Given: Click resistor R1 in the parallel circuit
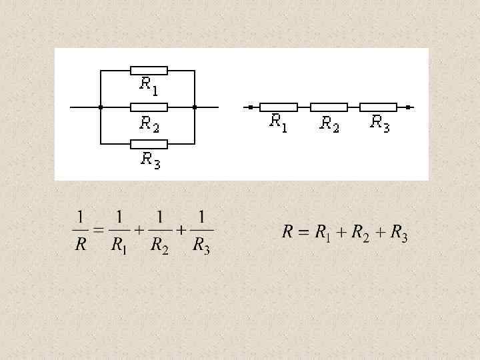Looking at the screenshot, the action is click(149, 70).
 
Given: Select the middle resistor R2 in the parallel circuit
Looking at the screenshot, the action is click(149, 107).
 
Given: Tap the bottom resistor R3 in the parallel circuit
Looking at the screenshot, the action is click(149, 143).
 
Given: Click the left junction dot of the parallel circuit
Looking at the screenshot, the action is click(100, 107).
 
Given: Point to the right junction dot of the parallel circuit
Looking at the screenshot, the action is click(195, 107).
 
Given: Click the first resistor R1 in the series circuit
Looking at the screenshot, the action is click(278, 107).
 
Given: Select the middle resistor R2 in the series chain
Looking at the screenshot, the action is click(329, 107).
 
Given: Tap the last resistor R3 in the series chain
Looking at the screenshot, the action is click(378, 107).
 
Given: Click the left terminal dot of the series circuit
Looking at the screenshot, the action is click(250, 107).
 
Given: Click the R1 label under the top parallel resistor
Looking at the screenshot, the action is click(148, 85).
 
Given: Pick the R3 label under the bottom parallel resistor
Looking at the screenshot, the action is click(150, 160).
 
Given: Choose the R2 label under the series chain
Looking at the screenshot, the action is click(329, 123).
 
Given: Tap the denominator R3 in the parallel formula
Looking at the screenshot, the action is click(201, 246).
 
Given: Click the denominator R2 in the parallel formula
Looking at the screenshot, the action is click(159, 246).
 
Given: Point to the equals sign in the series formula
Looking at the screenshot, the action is click(304, 233).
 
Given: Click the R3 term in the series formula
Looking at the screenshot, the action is click(399, 233).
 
